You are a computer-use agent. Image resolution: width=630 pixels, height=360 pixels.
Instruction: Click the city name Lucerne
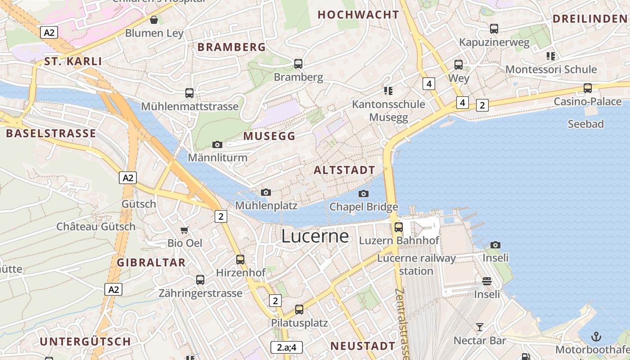[315, 236]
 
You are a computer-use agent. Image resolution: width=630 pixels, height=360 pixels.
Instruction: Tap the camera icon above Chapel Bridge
[364, 193]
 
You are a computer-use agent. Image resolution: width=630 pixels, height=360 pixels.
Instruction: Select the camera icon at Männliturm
[217, 144]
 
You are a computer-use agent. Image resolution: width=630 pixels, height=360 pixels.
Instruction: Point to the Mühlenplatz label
[266, 206]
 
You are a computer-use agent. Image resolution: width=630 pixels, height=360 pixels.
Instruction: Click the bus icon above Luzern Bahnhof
[399, 227]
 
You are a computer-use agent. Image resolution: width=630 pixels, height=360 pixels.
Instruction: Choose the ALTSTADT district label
[344, 170]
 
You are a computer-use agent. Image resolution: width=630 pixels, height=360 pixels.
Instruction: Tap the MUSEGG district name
[269, 136]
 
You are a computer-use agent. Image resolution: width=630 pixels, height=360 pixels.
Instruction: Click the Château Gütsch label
[96, 226]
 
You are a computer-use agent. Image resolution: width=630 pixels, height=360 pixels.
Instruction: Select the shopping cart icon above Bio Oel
[184, 230]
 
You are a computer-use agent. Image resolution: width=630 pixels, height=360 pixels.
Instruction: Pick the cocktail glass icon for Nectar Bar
[480, 327]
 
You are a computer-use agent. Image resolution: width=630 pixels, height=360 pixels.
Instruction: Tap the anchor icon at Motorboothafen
[596, 336]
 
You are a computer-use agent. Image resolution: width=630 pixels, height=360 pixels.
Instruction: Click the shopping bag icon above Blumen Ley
[154, 20]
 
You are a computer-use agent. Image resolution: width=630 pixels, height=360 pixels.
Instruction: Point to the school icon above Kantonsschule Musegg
[388, 91]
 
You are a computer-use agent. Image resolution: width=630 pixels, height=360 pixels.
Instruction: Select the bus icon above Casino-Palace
[587, 88]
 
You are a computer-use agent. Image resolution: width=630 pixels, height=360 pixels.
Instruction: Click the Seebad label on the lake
[585, 124]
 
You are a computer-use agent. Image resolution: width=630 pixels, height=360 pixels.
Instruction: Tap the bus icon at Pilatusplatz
[299, 310]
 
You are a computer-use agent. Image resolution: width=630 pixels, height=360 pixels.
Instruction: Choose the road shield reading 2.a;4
[287, 347]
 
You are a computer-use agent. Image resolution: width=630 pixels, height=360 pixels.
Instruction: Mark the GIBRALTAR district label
[151, 262]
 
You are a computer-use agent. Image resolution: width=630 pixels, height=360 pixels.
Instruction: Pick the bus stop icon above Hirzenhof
[240, 260]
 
